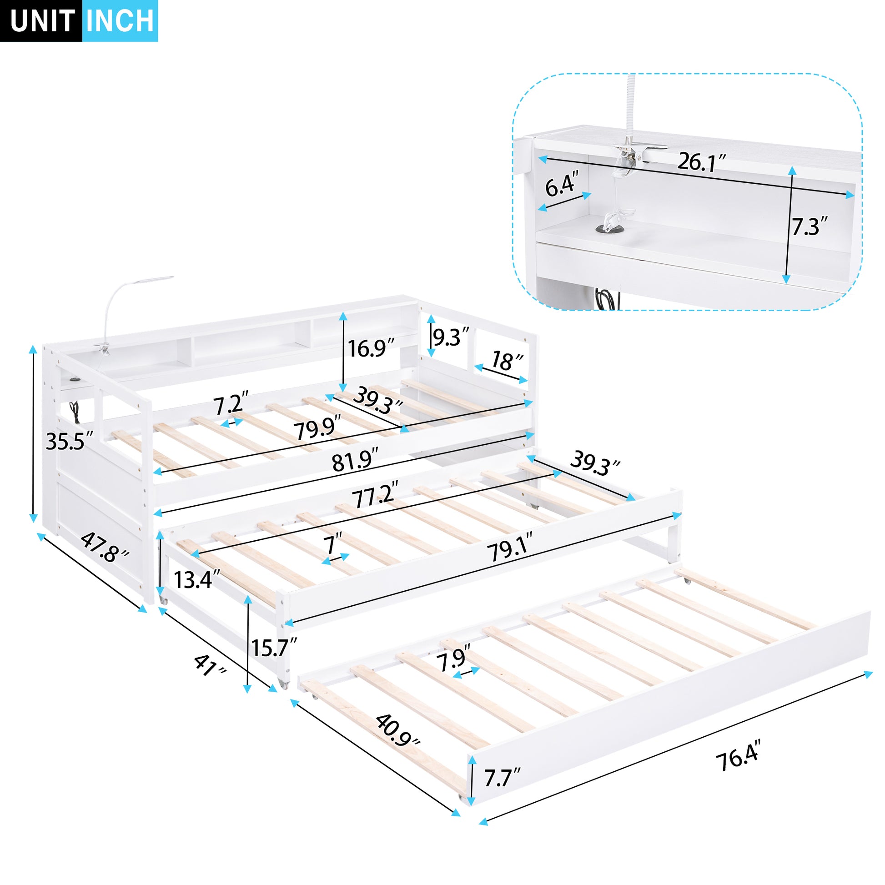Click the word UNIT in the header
pos(42,21)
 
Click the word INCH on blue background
pos(120,21)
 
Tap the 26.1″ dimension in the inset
pos(701,162)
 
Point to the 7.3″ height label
pos(810,227)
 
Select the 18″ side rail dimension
pos(507,362)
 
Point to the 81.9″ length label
pos(356,461)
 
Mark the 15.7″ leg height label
pos(274,648)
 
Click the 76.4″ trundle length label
pos(739,760)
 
